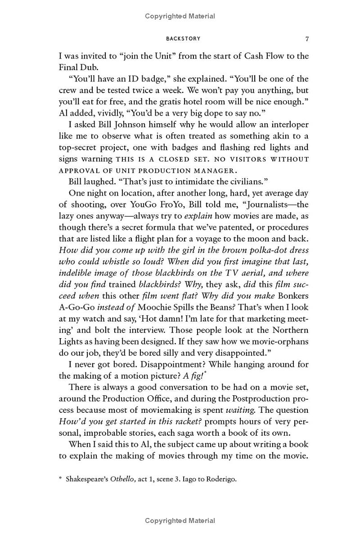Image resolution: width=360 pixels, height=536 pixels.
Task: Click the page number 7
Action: [307, 39]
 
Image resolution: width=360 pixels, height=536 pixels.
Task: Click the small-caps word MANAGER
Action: [213, 171]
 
